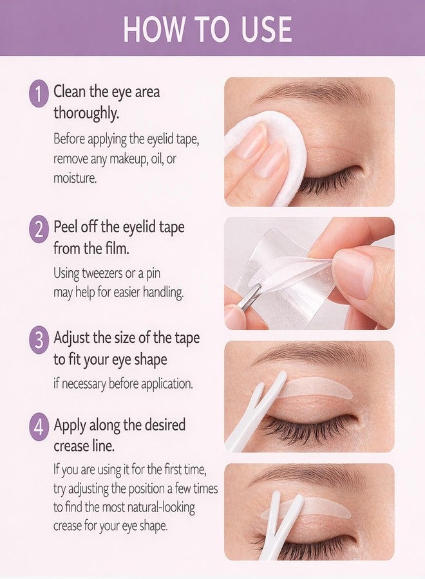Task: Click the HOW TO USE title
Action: (x=208, y=28)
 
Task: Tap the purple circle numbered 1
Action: (x=39, y=95)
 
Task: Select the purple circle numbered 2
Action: (x=39, y=229)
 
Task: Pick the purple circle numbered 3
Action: (x=39, y=339)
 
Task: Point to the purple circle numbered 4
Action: (x=39, y=428)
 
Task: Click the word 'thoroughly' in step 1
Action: (x=86, y=112)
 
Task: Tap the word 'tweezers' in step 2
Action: (x=102, y=273)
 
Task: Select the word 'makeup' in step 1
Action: (x=119, y=159)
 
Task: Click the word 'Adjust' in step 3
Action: (x=71, y=338)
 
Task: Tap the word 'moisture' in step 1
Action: (x=75, y=178)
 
